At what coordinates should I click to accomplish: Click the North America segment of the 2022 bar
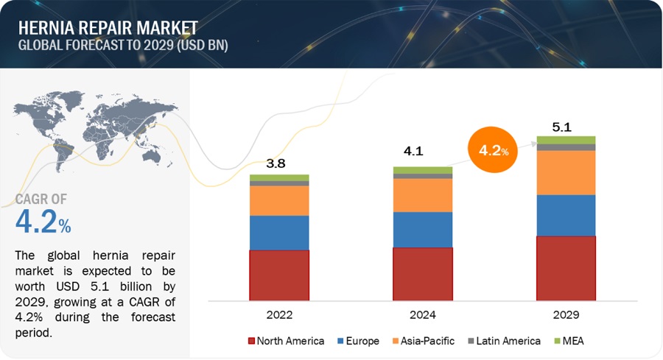279,275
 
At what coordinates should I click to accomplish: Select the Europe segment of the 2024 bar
423,230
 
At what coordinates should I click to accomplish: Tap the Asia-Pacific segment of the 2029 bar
566,172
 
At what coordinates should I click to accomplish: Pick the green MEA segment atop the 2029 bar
566,140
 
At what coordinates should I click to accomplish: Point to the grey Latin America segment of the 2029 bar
566,147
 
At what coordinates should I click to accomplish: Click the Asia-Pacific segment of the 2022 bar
279,200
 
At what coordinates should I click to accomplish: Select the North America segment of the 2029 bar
566,269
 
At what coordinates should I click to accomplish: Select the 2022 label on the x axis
279,314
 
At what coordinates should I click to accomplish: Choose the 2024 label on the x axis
423,314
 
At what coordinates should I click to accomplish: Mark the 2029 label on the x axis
566,314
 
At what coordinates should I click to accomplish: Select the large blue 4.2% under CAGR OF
43,222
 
